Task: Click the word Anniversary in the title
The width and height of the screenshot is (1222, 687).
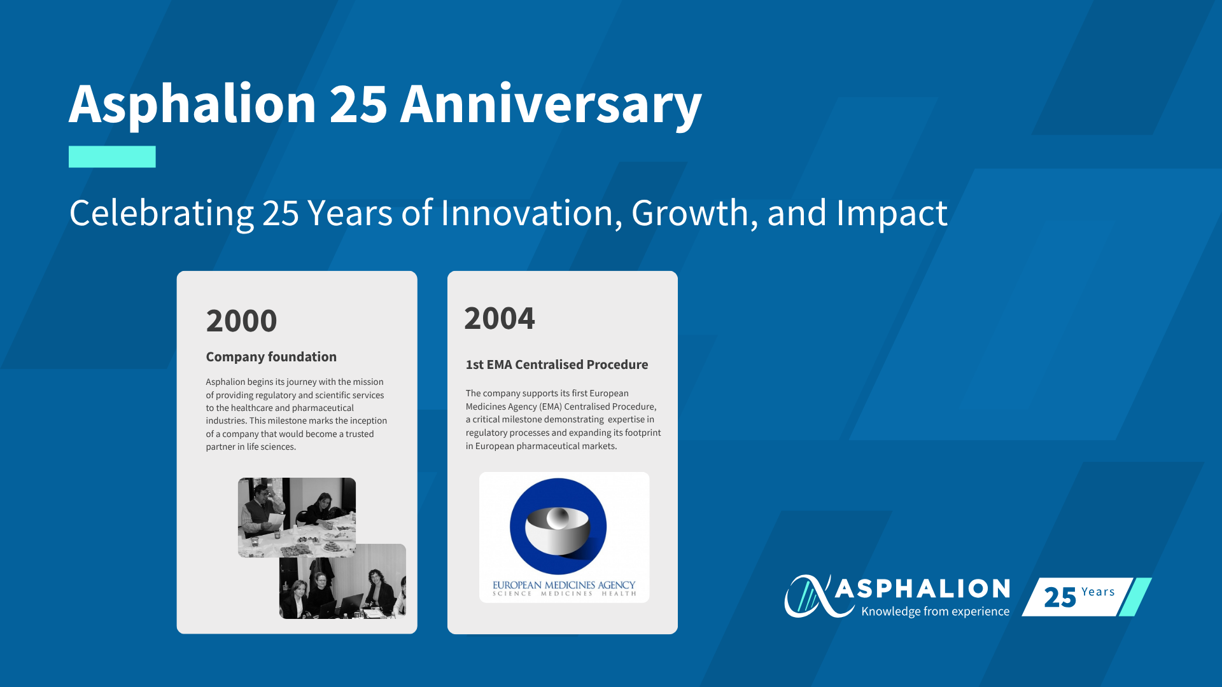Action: point(551,105)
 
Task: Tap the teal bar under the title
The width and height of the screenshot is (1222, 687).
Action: point(112,156)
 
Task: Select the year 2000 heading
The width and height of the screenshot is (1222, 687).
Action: point(241,321)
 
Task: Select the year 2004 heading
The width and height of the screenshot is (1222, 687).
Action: point(500,318)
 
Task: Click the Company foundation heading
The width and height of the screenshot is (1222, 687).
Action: point(271,357)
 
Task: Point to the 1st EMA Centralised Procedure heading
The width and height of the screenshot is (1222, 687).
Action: point(557,364)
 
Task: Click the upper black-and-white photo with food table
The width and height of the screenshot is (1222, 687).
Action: point(297,517)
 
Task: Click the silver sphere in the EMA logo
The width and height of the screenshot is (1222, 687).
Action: point(558,518)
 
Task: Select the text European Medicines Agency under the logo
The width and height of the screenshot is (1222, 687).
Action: point(564,585)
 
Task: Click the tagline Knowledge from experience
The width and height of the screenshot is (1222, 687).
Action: point(935,611)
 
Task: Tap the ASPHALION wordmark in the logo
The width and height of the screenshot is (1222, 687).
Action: point(922,588)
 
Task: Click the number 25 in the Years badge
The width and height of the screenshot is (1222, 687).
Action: point(1060,597)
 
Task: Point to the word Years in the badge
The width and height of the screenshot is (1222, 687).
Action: point(1098,592)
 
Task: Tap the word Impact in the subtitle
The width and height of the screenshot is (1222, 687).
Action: point(892,214)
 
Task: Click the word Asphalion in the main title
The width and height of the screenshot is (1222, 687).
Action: point(192,105)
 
